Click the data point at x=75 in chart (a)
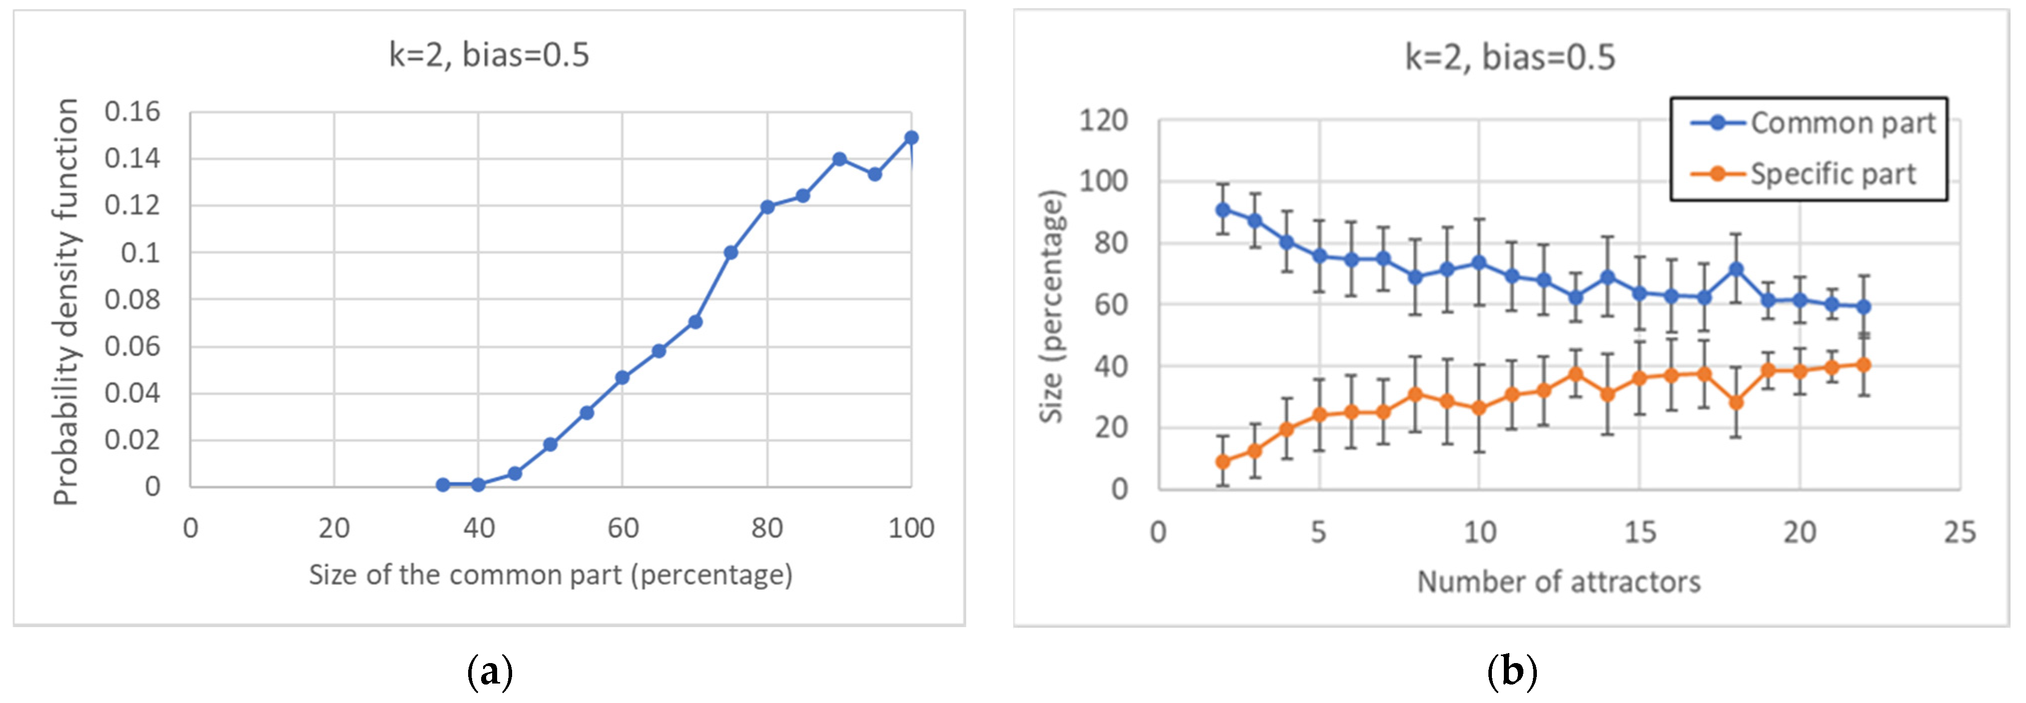(x=730, y=253)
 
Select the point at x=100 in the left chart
(x=911, y=138)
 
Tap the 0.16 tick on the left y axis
(x=132, y=112)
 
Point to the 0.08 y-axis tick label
(x=132, y=300)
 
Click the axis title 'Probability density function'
(x=66, y=301)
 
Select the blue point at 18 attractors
(x=1736, y=270)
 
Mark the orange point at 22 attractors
(x=1863, y=365)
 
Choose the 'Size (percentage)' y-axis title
(x=1052, y=306)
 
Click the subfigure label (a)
(x=489, y=673)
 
